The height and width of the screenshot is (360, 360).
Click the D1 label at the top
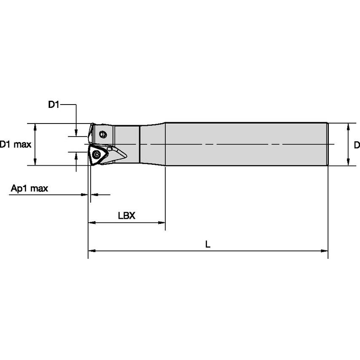click(x=54, y=105)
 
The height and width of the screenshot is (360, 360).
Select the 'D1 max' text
click(x=16, y=145)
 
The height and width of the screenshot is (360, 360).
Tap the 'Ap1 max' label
click(x=29, y=188)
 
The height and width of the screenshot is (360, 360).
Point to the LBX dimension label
click(x=126, y=215)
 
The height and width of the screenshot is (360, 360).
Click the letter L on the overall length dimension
click(x=207, y=244)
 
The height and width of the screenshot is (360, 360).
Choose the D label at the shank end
click(x=357, y=145)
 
